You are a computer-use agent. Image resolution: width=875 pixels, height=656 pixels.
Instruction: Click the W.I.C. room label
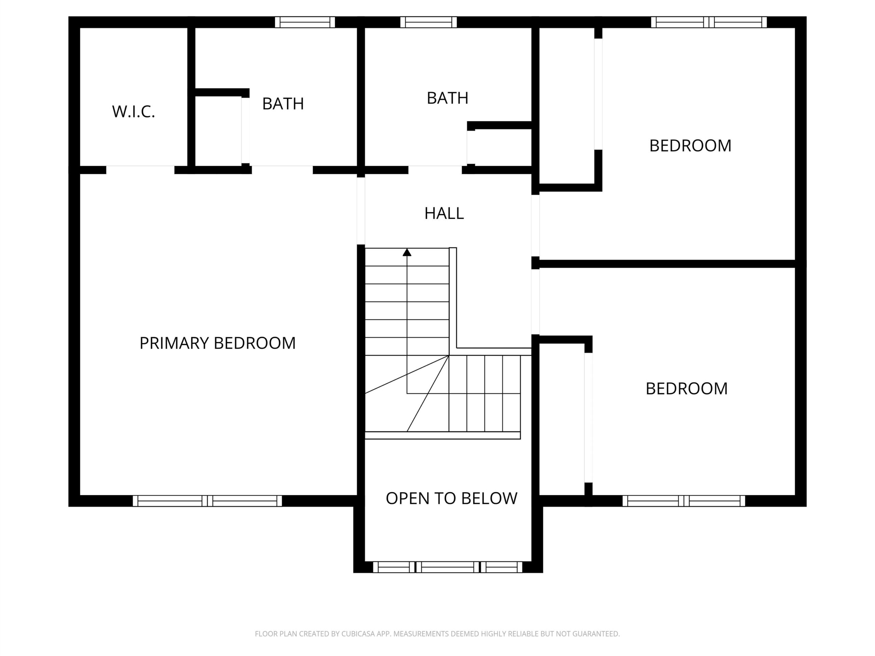(x=133, y=112)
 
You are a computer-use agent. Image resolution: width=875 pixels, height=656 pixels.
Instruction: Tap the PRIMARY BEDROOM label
(x=218, y=343)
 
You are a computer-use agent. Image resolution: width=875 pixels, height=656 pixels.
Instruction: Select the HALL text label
(x=444, y=214)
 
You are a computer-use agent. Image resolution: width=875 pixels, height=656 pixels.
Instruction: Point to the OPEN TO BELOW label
(x=452, y=498)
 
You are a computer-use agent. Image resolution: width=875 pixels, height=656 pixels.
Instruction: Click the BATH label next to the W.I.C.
(x=283, y=104)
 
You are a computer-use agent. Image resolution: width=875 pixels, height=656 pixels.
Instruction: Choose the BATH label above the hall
(x=447, y=98)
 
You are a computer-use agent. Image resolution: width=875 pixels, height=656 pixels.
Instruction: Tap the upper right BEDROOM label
(x=690, y=146)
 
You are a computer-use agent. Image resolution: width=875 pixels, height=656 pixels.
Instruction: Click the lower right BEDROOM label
(x=687, y=389)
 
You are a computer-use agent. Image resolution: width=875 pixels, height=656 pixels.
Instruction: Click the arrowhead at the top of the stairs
(x=407, y=252)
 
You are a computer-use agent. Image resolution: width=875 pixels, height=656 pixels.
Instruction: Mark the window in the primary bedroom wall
(x=207, y=501)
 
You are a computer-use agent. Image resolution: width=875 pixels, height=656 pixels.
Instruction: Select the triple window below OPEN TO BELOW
(x=448, y=567)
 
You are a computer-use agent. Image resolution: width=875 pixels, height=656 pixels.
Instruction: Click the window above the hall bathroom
(x=428, y=22)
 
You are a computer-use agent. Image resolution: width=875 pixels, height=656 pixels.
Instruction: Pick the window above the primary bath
(x=305, y=22)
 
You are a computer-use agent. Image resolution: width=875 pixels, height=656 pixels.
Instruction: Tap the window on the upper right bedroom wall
(x=709, y=22)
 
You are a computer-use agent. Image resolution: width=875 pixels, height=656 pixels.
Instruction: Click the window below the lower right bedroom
(x=684, y=501)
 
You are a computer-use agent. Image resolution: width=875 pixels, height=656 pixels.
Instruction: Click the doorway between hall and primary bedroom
(x=361, y=211)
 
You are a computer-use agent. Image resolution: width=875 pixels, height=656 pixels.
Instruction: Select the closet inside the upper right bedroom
(x=567, y=106)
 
